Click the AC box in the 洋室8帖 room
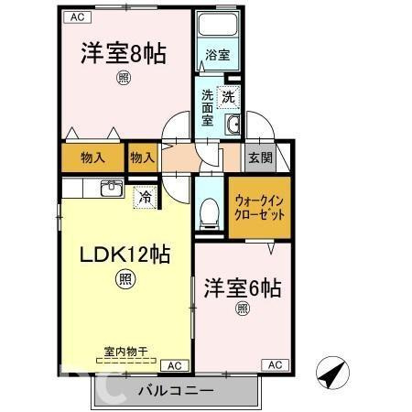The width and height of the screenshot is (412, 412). click(x=77, y=17)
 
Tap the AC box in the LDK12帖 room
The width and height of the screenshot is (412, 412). click(x=175, y=365)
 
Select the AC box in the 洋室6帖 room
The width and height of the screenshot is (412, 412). click(x=275, y=365)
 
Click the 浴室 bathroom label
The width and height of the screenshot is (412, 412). click(x=217, y=55)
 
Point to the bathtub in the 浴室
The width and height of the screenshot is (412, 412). click(x=218, y=25)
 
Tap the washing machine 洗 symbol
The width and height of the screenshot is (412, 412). click(x=229, y=97)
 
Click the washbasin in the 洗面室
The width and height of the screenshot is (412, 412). click(x=233, y=125)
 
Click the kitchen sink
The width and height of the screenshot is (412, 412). click(x=112, y=189)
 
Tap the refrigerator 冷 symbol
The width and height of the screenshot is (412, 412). click(x=145, y=198)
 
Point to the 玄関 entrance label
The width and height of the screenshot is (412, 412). click(x=260, y=157)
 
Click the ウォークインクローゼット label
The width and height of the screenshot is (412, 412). click(x=259, y=208)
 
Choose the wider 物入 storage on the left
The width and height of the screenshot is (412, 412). click(x=92, y=157)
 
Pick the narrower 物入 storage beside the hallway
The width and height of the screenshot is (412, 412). click(x=143, y=157)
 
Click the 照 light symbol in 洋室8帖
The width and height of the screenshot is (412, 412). click(x=123, y=79)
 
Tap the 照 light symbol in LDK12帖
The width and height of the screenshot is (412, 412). click(x=125, y=279)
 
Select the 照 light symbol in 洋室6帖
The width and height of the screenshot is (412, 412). click(x=243, y=309)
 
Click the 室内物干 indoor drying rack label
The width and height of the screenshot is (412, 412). click(x=125, y=352)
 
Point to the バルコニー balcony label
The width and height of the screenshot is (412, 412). click(x=176, y=391)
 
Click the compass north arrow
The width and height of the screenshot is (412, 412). click(x=332, y=373)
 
